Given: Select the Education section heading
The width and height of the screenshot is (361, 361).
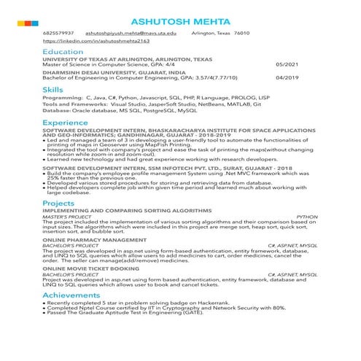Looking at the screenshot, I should coord(63,53).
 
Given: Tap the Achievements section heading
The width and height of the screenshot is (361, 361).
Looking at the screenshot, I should coord(73,295).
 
